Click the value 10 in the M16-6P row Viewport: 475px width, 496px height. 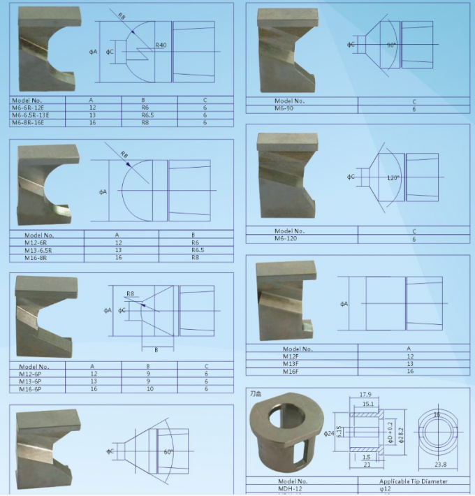click(x=148, y=388)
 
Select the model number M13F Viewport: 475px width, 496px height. click(x=291, y=364)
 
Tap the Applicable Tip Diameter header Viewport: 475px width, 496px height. click(x=414, y=481)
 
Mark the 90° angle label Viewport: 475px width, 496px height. click(x=392, y=45)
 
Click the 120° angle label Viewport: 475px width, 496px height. click(x=393, y=178)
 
